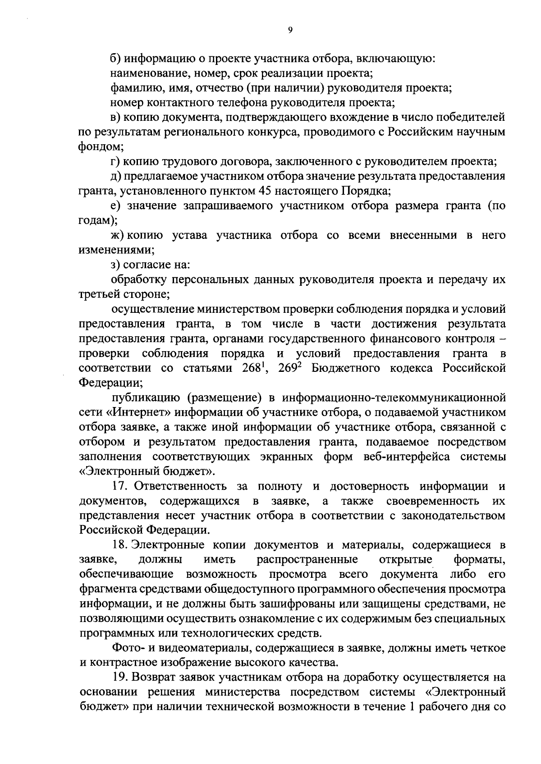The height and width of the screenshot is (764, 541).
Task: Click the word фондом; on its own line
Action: coord(101,147)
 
